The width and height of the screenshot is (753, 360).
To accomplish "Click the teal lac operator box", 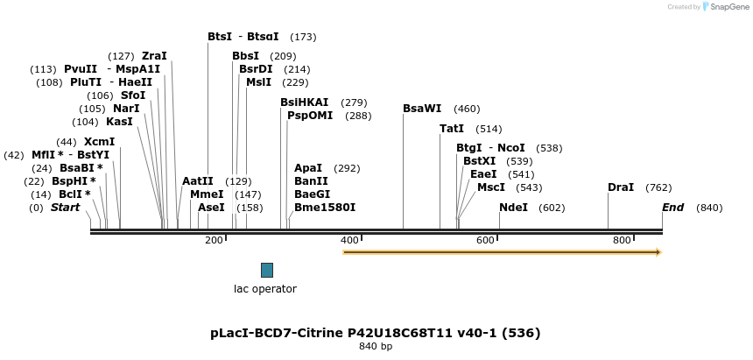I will pyautogui.click(x=267, y=270).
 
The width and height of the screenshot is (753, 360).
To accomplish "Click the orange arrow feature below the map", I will pyautogui.click(x=501, y=252).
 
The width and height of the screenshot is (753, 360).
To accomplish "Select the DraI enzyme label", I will pyautogui.click(x=621, y=188).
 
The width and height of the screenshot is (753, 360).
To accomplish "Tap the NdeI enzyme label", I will pyautogui.click(x=513, y=208).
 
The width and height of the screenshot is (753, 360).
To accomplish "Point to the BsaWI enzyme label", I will pyautogui.click(x=422, y=109).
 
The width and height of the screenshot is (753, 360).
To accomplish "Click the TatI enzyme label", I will pyautogui.click(x=452, y=129).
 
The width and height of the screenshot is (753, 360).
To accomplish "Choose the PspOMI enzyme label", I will pyautogui.click(x=310, y=116).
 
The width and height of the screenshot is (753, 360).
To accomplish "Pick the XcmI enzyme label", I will pyautogui.click(x=99, y=142).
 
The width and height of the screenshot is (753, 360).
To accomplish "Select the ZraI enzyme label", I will pyautogui.click(x=154, y=56).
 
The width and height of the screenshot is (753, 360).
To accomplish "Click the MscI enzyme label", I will pyautogui.click(x=491, y=187).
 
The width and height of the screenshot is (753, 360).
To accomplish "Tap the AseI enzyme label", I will pyautogui.click(x=211, y=208).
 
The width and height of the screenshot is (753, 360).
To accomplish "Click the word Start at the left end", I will pyautogui.click(x=65, y=208).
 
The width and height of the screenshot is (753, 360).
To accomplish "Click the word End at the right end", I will pyautogui.click(x=673, y=208).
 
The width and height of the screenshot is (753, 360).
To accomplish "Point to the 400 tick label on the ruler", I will pyautogui.click(x=349, y=240).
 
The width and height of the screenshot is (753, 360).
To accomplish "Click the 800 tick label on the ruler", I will pyautogui.click(x=622, y=240).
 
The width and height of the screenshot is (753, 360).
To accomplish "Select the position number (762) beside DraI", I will pyautogui.click(x=658, y=188).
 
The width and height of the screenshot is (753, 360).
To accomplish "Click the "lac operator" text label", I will pyautogui.click(x=264, y=289).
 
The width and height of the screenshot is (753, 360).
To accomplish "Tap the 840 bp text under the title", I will pyautogui.click(x=376, y=347).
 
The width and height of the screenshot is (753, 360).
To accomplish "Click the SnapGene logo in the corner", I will pyautogui.click(x=723, y=7).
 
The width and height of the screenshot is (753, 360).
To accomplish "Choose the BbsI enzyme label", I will pyautogui.click(x=245, y=57).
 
